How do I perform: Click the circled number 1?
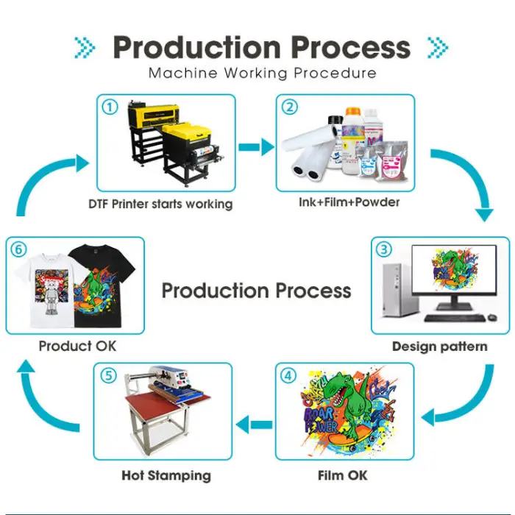tap(110, 107)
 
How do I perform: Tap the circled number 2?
tap(291, 107)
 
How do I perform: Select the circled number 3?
tap(384, 249)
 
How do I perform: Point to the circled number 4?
tap(289, 375)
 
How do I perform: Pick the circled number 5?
tap(110, 375)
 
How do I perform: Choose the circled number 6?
tap(18, 249)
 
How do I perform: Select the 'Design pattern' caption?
tap(439, 346)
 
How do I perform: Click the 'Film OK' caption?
tap(342, 475)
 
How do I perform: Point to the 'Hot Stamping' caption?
tap(166, 475)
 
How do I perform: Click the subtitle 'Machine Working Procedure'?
tap(262, 74)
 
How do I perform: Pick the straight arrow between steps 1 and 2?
tap(255, 147)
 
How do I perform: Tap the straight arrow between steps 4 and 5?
tap(255, 423)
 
